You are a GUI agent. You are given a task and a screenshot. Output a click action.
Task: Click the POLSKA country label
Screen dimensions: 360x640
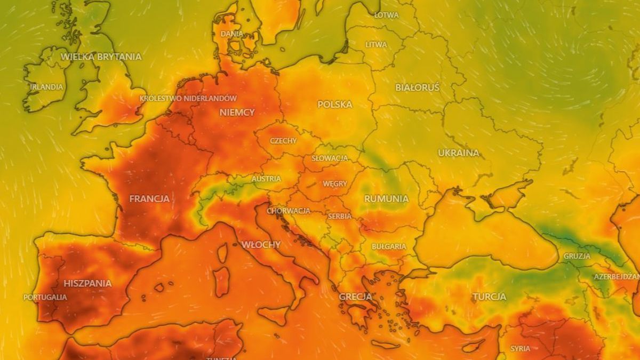point(335,105)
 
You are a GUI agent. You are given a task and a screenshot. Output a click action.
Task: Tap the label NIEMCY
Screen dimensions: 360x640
point(237,113)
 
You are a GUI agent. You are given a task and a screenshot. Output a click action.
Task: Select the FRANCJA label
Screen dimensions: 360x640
point(149,199)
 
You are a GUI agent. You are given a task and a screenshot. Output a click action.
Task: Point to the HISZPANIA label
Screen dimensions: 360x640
point(87,283)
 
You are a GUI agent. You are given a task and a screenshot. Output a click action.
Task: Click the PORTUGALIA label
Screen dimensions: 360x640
point(45,297)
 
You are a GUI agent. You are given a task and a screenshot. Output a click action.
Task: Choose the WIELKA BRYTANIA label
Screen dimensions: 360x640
point(101,57)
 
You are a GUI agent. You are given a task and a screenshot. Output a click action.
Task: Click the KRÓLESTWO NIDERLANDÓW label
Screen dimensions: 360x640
point(188,99)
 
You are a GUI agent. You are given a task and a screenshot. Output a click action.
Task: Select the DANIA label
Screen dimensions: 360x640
point(232,34)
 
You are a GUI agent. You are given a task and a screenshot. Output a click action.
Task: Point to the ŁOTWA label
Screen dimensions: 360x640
point(386,15)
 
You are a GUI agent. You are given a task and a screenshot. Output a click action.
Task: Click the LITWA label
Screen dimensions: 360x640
point(377,45)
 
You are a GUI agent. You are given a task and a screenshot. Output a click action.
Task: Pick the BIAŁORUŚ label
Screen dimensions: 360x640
point(417,87)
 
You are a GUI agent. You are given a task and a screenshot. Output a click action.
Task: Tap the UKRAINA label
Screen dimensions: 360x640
point(459,153)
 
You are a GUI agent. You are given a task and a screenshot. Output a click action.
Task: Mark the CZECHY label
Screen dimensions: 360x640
point(283,141)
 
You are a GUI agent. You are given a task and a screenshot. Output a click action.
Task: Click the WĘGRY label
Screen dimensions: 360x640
point(335,184)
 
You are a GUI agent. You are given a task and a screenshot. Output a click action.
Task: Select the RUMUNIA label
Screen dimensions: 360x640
point(386,199)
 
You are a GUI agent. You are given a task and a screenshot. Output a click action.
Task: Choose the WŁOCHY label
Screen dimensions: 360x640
point(261,245)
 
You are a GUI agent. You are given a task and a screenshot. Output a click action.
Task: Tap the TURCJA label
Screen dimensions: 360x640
point(489,297)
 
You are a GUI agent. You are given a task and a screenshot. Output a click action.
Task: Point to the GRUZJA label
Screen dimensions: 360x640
point(577,256)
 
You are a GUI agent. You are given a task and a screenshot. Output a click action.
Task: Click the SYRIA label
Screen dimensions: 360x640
point(520,348)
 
